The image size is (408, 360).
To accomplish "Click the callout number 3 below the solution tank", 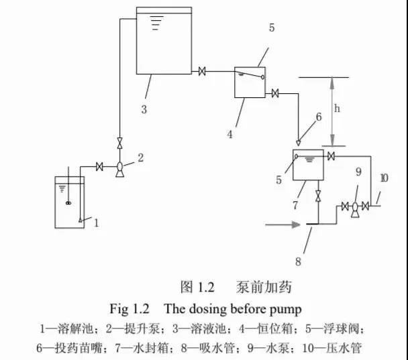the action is [x=144, y=109].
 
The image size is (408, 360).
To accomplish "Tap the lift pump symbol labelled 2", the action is [x=119, y=169].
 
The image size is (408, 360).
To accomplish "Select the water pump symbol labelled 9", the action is [x=355, y=209].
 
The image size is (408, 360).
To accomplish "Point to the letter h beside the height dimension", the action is [x=337, y=108].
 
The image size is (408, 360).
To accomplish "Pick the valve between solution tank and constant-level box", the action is [x=202, y=71].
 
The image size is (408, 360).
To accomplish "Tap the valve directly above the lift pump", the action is [x=119, y=143].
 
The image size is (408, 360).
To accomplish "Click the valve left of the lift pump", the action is [x=99, y=167].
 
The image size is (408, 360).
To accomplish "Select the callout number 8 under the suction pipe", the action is [x=298, y=261].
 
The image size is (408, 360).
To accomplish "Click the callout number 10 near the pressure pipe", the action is [x=385, y=178].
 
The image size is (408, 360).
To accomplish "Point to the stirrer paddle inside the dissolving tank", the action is [x=68, y=203].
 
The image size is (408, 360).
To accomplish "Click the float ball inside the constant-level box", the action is [x=262, y=77].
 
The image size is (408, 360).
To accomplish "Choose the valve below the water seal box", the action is [x=318, y=196].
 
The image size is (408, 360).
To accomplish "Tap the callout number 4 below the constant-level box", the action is [x=230, y=134].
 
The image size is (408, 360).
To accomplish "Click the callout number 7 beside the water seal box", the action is [x=295, y=205].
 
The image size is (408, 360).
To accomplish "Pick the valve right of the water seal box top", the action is [x=331, y=156].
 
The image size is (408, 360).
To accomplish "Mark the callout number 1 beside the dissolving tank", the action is [x=96, y=223].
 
